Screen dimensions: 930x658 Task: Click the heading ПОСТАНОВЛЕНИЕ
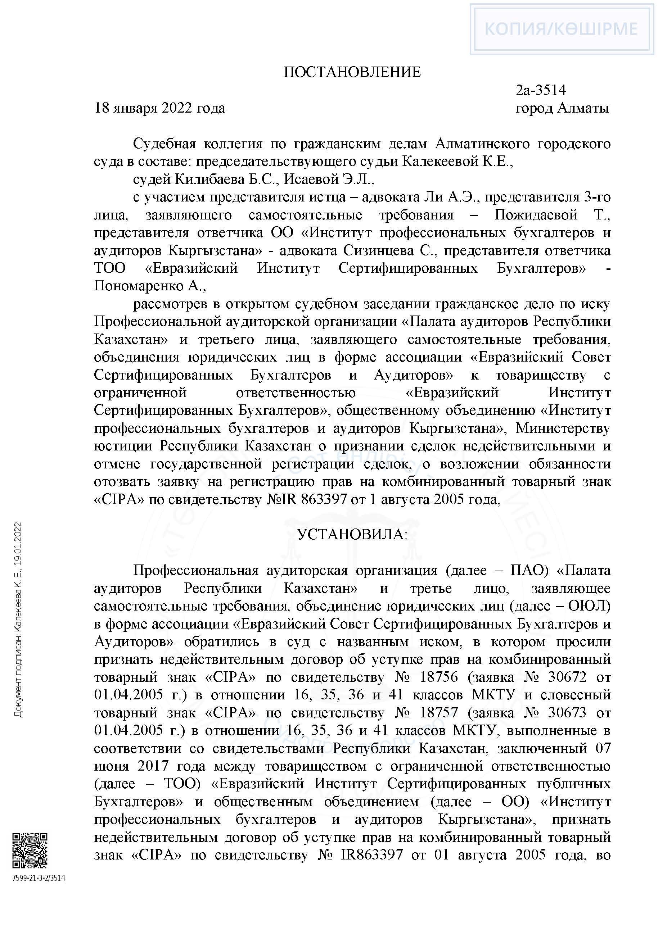352,72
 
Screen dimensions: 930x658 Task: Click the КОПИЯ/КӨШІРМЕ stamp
561,29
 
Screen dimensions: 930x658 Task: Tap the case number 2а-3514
541,90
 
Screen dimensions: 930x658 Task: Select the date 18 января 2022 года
159,108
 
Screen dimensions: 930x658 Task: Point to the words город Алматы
562,108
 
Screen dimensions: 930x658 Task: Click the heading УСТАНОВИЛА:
352,535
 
